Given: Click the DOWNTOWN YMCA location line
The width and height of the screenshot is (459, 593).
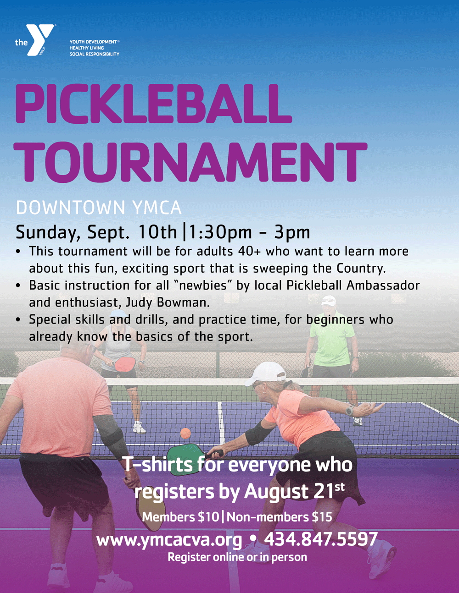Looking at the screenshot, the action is (99, 208).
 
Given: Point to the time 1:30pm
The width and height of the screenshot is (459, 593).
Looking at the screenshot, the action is (220, 232).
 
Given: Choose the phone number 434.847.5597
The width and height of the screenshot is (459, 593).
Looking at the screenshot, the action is (321, 539).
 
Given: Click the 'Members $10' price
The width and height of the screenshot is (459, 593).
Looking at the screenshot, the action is (180, 516).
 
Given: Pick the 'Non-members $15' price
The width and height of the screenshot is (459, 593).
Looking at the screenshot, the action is (279, 516).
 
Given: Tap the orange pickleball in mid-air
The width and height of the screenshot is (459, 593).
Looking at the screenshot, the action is (185, 433).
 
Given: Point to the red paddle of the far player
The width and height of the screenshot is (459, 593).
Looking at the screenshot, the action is (125, 364).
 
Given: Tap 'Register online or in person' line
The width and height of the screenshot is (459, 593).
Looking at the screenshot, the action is (237, 557).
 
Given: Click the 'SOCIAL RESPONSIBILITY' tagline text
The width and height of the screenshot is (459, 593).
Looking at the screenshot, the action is (95, 54).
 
